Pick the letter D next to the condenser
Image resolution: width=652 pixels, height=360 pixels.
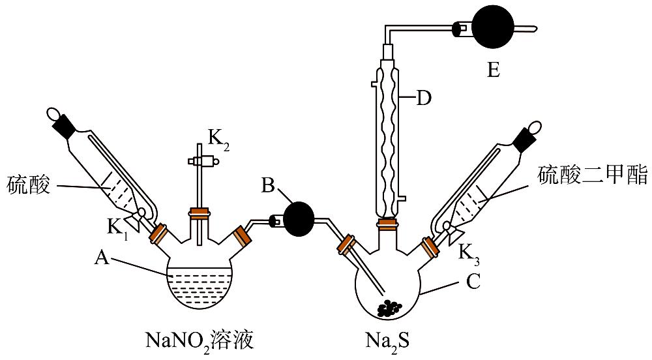[x=424, y=99]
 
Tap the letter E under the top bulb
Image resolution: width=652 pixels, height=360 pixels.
[x=494, y=69]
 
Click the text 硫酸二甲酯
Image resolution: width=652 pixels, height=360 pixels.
[x=592, y=175]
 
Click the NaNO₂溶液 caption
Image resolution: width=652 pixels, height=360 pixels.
[x=199, y=340]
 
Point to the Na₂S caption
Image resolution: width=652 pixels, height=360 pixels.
[x=387, y=340]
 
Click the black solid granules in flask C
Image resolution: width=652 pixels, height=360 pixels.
[x=392, y=307]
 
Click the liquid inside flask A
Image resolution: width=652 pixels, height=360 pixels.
[x=201, y=287]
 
